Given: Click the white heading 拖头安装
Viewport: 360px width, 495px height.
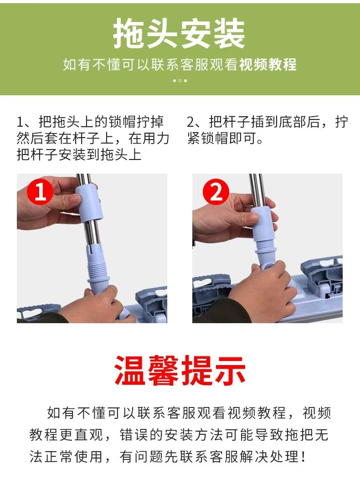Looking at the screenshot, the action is [179, 33].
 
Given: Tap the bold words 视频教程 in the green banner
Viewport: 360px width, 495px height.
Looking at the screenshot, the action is [268, 65].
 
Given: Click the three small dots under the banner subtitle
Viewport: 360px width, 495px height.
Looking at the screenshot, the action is [180, 81].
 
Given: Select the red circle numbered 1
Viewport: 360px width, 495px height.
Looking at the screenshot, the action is [40, 191].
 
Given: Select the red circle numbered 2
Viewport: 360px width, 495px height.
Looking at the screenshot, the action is [216, 191].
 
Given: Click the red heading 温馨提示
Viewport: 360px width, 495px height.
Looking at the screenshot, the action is [180, 370].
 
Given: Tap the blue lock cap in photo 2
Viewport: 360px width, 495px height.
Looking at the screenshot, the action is [265, 224].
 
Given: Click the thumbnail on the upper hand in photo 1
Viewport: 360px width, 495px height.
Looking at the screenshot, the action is [75, 199].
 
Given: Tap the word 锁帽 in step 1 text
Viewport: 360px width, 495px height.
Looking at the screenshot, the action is [122, 122].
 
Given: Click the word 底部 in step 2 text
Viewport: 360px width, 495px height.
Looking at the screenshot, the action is [292, 122].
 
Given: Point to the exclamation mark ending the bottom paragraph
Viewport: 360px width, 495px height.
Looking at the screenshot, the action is [303, 457].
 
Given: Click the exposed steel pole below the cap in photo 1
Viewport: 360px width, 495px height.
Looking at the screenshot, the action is [93, 232].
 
